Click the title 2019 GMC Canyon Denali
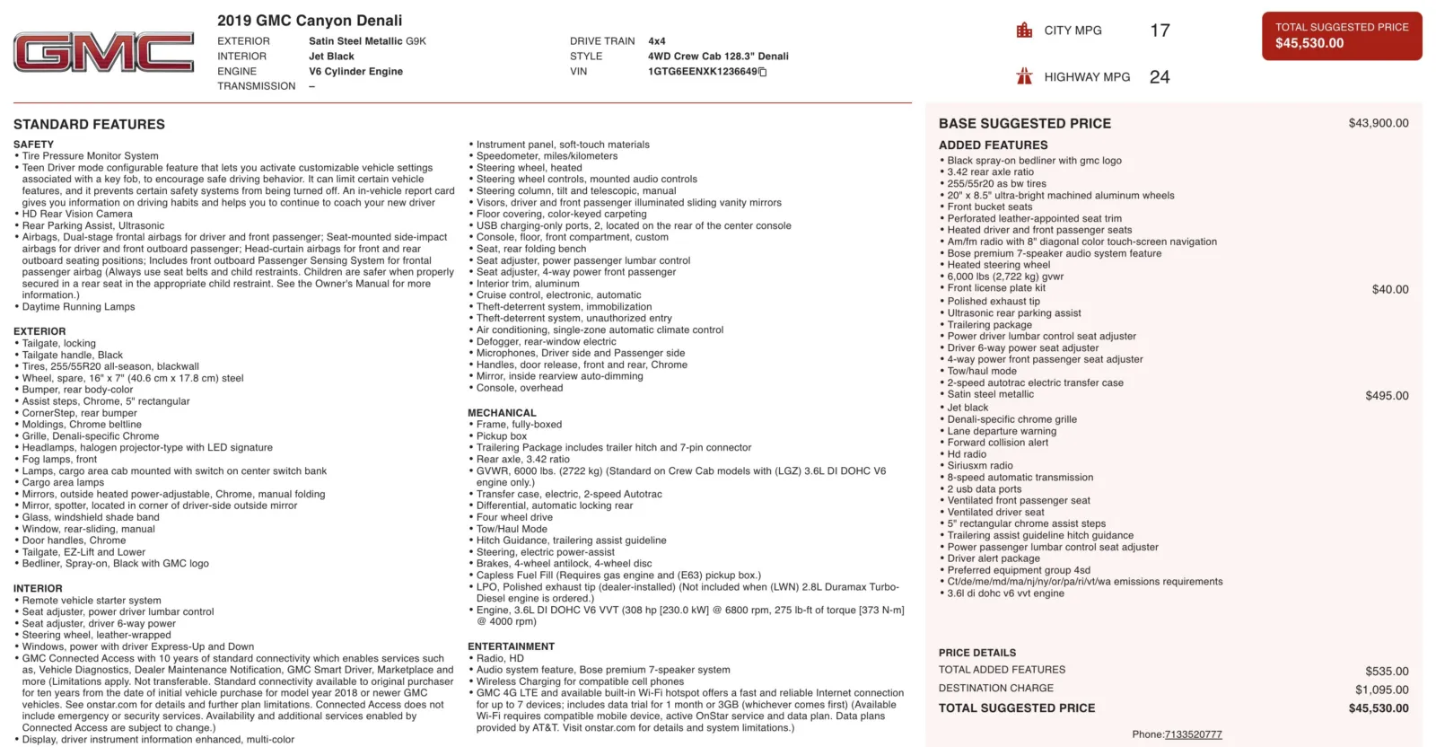click(310, 21)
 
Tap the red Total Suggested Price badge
click(1341, 36)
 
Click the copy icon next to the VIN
click(763, 72)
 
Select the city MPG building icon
click(1024, 31)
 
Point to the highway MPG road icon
click(1024, 76)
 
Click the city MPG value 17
click(1160, 31)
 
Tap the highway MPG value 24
click(1160, 77)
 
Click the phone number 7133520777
click(1193, 734)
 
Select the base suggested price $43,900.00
click(1378, 123)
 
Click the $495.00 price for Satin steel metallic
click(1387, 396)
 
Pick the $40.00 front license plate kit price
click(1389, 289)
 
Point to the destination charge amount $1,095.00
click(1381, 690)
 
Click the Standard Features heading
click(89, 125)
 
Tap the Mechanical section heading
click(502, 413)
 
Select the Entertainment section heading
click(511, 646)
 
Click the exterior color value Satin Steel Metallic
click(367, 41)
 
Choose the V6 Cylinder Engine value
click(355, 72)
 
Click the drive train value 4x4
click(657, 41)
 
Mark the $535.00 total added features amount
click(1387, 671)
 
